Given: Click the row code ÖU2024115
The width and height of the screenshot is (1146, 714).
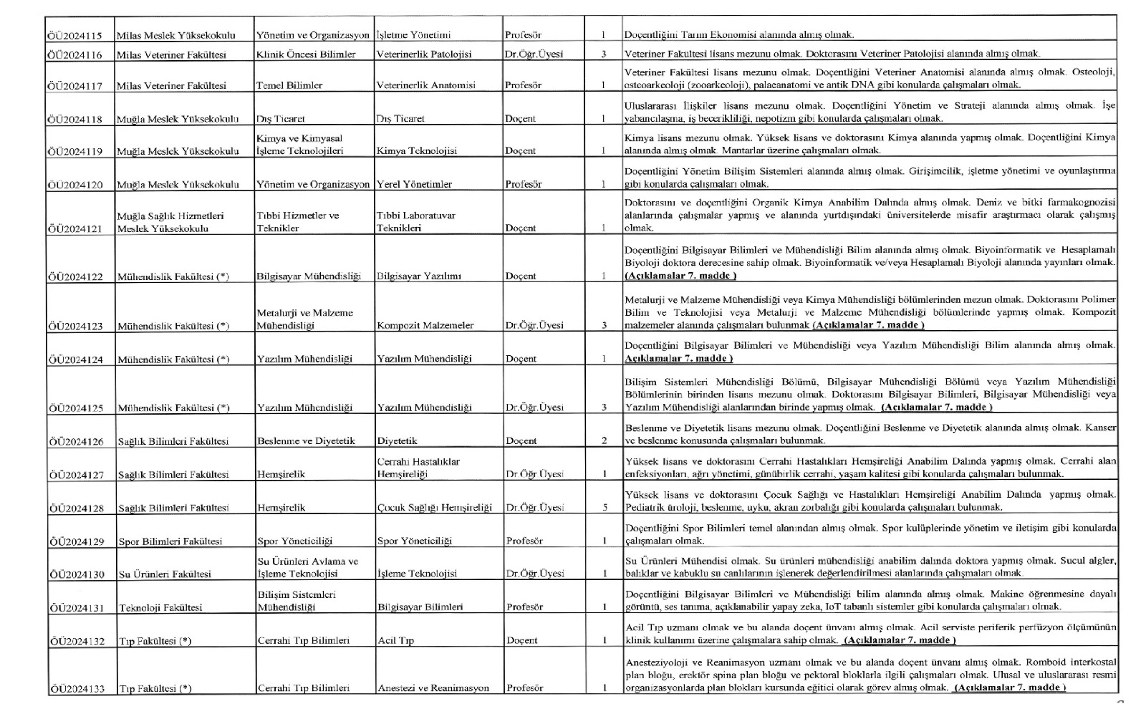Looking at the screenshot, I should coord(75,35).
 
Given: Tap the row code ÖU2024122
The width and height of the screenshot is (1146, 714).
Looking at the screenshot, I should coord(75,276).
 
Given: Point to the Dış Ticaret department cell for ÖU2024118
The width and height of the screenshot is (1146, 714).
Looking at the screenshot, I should coord(281,119).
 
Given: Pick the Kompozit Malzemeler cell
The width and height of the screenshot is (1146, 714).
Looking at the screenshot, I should coord(425,326).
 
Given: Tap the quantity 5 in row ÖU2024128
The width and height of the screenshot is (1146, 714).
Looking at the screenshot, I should coord(605,508).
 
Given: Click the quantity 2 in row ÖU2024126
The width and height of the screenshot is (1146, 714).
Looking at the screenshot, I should coord(605,441).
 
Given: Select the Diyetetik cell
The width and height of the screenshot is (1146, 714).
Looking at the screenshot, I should coord(398,441).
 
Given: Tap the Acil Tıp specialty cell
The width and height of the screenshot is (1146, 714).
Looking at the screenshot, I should coord(396,641).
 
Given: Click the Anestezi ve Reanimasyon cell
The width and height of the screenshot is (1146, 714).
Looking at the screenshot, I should coord(433,688).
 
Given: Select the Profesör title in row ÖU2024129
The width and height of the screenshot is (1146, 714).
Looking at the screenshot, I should coord(524,541).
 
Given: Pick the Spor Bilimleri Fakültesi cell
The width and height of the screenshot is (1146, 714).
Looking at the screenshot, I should coord(170,541).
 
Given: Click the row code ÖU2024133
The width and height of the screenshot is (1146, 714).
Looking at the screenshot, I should coord(76,689).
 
